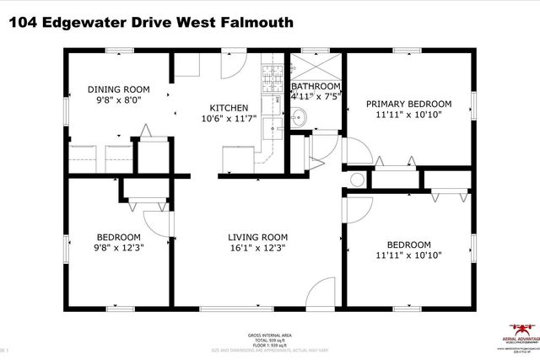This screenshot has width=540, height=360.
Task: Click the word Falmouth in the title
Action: click(254, 22)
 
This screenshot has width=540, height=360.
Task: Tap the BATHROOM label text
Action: click(316, 86)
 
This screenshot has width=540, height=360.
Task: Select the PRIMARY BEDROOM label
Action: click(408, 104)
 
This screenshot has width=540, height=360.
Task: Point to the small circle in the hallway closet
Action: click(356, 179)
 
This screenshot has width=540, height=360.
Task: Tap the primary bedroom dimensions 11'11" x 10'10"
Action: click(408, 116)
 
